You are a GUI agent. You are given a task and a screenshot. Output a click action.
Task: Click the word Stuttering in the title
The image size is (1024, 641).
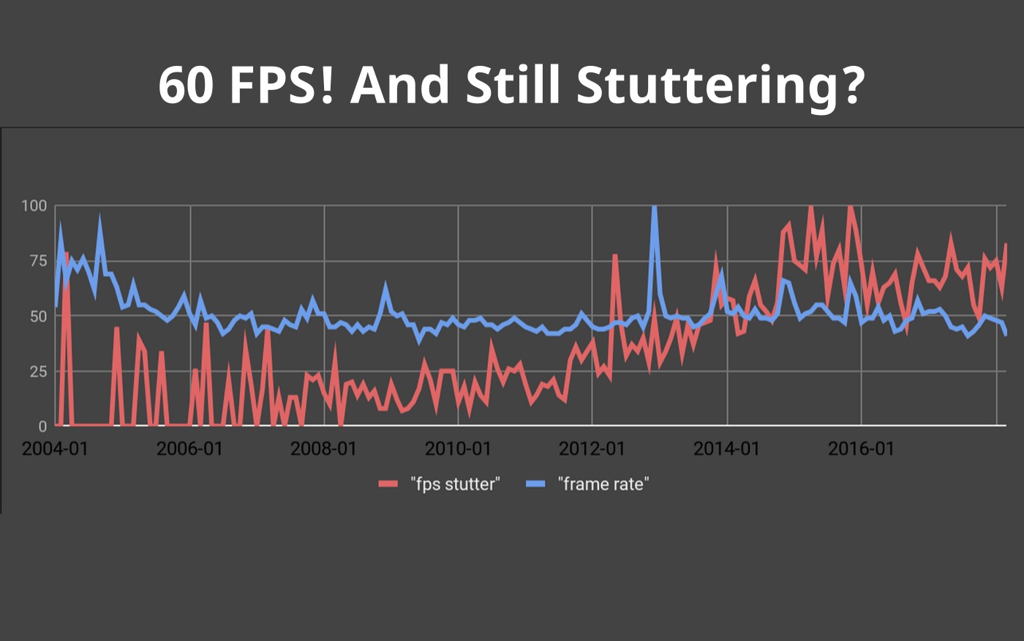720,84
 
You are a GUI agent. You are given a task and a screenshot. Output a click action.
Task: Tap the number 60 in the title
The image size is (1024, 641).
186,84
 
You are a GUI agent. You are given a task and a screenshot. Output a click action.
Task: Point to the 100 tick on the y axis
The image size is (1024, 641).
34,206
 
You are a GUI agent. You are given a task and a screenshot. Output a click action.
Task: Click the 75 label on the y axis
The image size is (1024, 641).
37,261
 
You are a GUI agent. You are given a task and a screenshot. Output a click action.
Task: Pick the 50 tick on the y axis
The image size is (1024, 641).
37,316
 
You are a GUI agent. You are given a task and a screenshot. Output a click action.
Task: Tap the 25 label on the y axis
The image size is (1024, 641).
37,371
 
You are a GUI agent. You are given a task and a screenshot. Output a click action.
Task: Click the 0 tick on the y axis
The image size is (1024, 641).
42,426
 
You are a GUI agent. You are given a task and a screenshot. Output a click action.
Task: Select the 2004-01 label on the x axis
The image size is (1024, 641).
55,449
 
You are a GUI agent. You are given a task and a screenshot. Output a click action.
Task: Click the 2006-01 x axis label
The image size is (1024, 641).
189,449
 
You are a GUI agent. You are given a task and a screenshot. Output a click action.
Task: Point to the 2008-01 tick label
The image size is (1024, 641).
323,449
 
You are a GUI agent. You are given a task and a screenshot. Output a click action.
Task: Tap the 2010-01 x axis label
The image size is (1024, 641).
458,449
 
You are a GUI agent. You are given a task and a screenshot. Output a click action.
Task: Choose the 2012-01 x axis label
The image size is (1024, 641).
592,449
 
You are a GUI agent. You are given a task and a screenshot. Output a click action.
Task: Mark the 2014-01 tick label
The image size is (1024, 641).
726,449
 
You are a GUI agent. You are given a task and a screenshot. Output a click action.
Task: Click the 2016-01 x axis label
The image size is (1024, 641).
861,449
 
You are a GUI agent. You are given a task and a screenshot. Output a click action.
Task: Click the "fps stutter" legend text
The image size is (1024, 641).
455,484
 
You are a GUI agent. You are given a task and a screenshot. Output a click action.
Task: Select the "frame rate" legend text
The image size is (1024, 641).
603,484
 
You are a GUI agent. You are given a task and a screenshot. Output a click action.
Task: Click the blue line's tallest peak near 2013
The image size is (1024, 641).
654,209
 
